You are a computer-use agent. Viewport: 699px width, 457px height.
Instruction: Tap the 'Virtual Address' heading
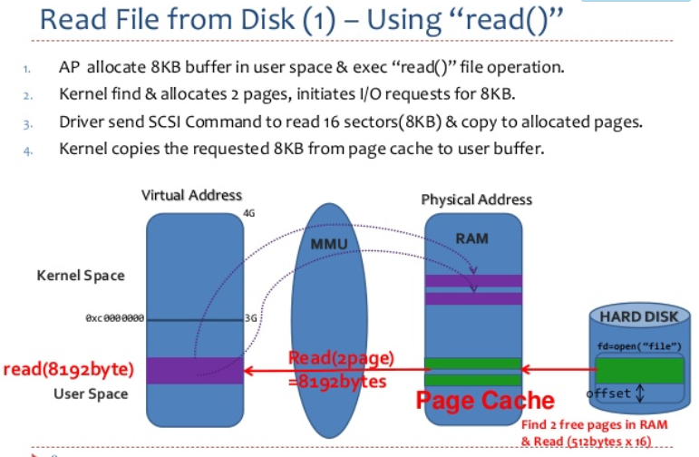tap(192, 194)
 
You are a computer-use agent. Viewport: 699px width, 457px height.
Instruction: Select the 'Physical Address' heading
tap(477, 199)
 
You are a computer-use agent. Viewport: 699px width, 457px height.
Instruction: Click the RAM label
tap(472, 238)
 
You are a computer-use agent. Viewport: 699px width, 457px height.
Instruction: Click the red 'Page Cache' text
tap(485, 400)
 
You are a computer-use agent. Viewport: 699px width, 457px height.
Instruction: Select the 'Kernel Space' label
tap(82, 275)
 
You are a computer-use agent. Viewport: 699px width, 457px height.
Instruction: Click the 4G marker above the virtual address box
tap(249, 214)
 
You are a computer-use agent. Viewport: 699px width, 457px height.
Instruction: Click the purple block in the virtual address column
tap(195, 369)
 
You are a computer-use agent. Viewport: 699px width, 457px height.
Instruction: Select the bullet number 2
tap(28, 95)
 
